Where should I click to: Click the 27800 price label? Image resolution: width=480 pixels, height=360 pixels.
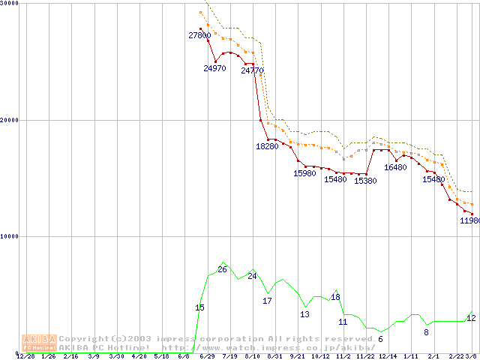pyautogui.click(x=199, y=35)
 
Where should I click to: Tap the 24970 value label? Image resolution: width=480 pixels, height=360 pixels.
pyautogui.click(x=214, y=68)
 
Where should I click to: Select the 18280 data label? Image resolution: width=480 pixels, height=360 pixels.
pyautogui.click(x=267, y=146)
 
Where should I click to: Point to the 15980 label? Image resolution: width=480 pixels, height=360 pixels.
pyautogui.click(x=304, y=173)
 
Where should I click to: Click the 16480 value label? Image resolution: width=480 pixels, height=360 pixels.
pyautogui.click(x=395, y=167)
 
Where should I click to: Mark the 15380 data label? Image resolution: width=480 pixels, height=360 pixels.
pyautogui.click(x=365, y=181)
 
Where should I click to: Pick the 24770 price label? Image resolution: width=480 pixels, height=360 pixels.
pyautogui.click(x=252, y=70)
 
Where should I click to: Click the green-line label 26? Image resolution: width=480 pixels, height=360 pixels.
pyautogui.click(x=222, y=269)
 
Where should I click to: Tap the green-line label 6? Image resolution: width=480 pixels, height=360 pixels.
pyautogui.click(x=380, y=339)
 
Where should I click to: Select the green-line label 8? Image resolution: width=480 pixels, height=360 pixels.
pyautogui.click(x=426, y=331)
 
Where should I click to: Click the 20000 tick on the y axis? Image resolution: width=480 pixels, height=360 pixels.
pyautogui.click(x=10, y=120)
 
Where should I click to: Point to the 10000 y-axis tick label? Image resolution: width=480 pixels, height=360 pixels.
pyautogui.click(x=10, y=236)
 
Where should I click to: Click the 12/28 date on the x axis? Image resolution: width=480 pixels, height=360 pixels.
pyautogui.click(x=25, y=356)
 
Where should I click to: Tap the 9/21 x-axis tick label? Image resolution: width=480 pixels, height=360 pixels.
pyautogui.click(x=298, y=356)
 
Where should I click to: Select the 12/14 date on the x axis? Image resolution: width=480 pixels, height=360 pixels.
pyautogui.click(x=388, y=356)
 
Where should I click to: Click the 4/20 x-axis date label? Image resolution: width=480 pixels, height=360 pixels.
pyautogui.click(x=139, y=356)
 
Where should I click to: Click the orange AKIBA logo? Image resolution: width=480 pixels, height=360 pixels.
pyautogui.click(x=39, y=343)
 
